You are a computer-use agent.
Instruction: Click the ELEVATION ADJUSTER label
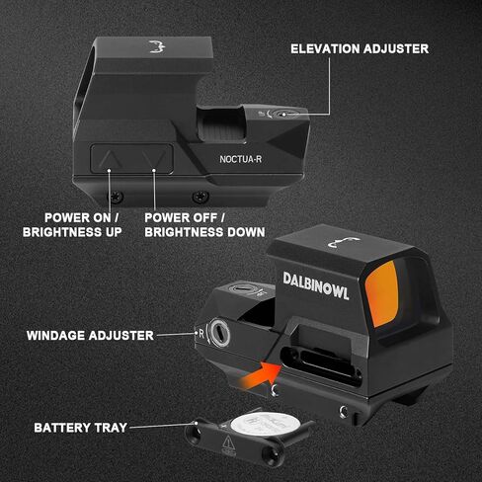360,48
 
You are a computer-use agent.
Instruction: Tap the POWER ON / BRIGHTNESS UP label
72,225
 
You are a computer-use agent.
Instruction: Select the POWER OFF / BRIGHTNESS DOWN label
204,225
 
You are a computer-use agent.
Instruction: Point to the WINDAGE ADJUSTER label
90,336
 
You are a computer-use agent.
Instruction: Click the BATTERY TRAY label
80,428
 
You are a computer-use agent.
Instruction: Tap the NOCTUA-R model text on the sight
241,159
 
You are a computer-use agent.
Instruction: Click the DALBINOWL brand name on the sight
316,286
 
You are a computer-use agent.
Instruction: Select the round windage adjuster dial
219,333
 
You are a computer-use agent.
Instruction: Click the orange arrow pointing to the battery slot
261,375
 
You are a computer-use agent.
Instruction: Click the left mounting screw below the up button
117,197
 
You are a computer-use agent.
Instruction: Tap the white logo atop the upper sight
157,46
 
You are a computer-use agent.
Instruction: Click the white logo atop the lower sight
344,243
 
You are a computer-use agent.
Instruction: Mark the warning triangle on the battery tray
228,442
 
